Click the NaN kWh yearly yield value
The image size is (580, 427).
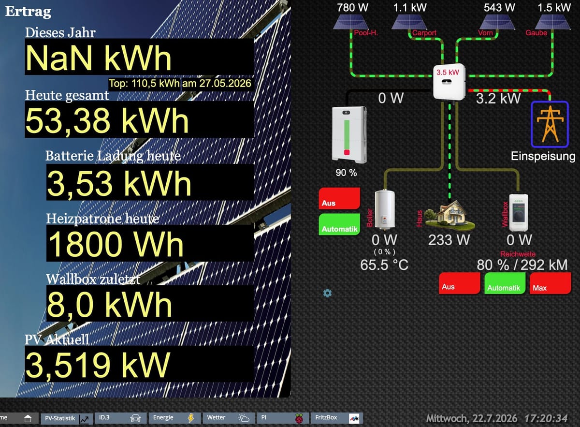[x=99, y=58]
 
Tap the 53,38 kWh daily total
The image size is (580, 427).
[x=107, y=120]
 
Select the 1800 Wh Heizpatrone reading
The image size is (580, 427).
[x=116, y=244]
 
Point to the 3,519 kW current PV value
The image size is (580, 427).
[x=98, y=365]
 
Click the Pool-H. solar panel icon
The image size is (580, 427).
[x=350, y=22]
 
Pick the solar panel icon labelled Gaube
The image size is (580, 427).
[x=552, y=22]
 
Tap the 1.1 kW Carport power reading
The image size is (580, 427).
[x=410, y=8]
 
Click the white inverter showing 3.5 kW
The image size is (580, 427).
[x=449, y=81]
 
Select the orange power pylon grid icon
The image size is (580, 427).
[x=550, y=124]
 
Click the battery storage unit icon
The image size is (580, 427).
[x=349, y=135]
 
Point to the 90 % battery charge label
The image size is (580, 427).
[x=346, y=173]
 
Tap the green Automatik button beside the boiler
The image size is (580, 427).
[x=339, y=224]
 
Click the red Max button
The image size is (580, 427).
[x=550, y=283]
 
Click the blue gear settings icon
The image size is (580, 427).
[x=327, y=293]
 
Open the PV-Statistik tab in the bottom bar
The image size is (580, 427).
[x=67, y=418]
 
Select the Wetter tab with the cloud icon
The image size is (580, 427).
[x=228, y=418]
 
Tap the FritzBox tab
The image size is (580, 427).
[x=336, y=418]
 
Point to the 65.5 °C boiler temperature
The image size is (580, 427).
[x=384, y=265]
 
